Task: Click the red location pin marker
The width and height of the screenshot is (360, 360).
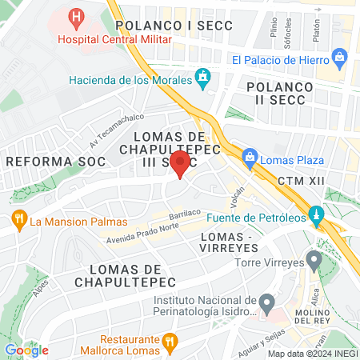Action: tap(181, 164)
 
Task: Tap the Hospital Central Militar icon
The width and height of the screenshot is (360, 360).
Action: tap(76, 16)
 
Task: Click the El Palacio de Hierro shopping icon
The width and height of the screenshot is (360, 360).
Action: tap(341, 58)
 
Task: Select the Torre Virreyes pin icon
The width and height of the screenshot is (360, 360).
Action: tap(314, 261)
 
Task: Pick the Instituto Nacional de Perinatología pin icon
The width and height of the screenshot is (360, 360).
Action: tap(267, 303)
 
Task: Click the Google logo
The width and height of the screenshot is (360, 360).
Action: tap(26, 350)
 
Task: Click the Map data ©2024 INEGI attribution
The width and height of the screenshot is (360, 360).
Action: tap(311, 354)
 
